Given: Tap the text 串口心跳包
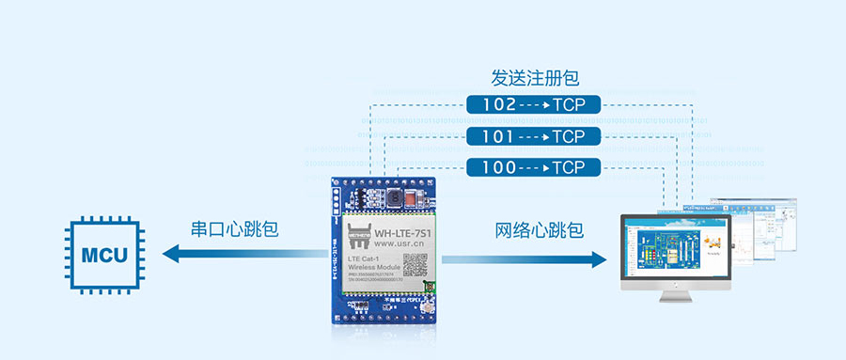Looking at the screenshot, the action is click(x=235, y=230).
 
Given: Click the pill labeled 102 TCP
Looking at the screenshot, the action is click(x=533, y=105).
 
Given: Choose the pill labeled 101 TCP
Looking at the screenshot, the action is click(x=533, y=137).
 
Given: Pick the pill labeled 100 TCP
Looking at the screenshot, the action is click(x=533, y=168).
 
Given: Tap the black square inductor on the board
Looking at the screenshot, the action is click(x=394, y=199).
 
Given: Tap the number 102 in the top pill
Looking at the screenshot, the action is click(x=498, y=105).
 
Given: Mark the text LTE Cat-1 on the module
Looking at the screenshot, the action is click(x=367, y=258).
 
